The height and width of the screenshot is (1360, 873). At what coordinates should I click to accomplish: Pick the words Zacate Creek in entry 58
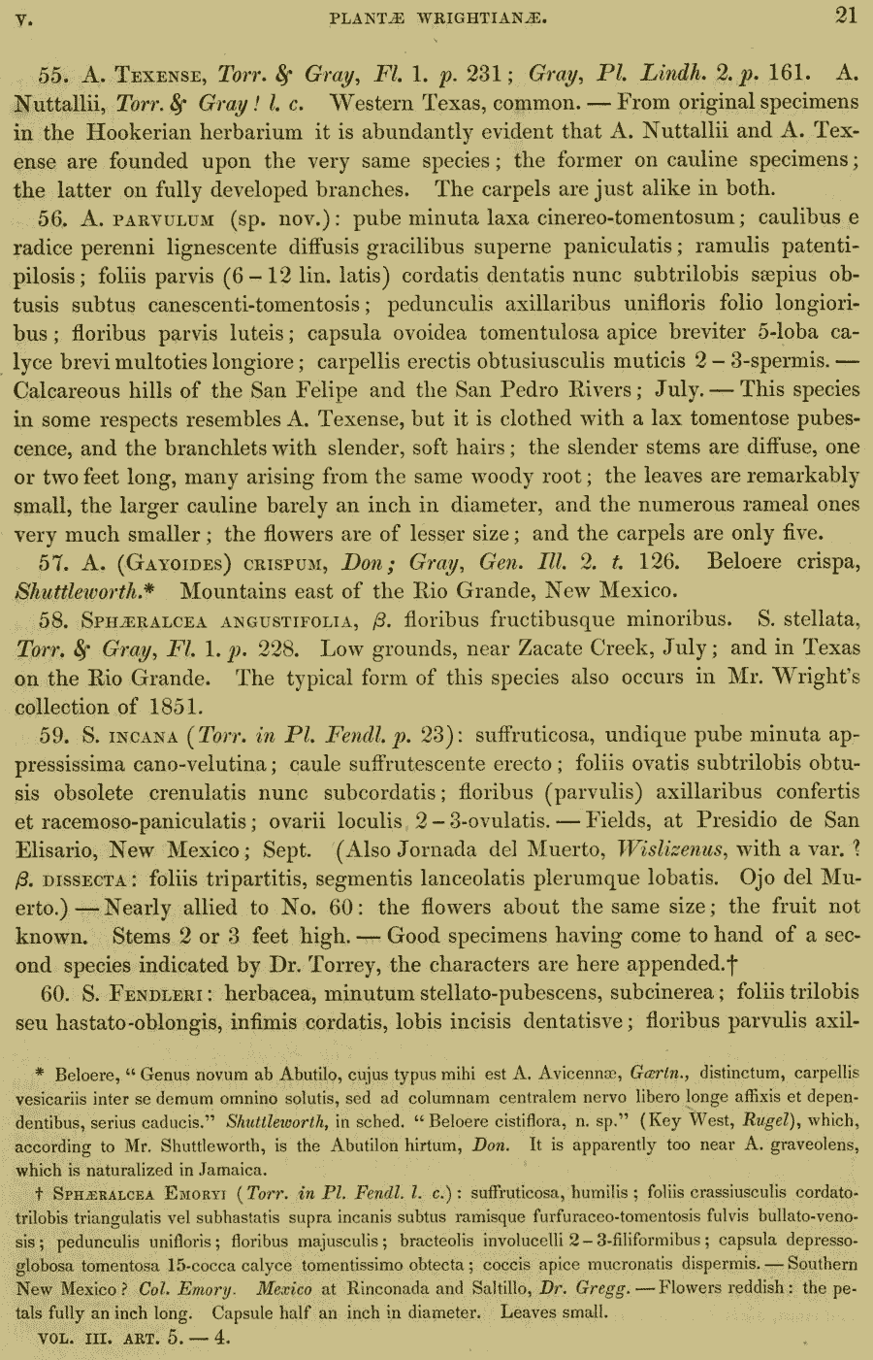[553, 648]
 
